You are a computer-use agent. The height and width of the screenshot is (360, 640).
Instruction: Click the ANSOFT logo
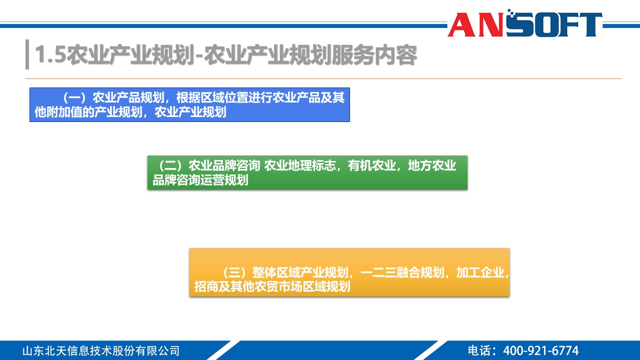525,24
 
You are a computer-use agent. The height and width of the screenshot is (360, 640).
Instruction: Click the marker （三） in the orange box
234,273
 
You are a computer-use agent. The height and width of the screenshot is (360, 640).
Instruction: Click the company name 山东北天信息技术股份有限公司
101,350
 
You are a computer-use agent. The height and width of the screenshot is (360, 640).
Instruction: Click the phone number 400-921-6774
540,350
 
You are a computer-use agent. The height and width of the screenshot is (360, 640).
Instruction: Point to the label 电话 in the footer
479,350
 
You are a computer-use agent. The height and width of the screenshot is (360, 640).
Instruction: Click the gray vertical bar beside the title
27,54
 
